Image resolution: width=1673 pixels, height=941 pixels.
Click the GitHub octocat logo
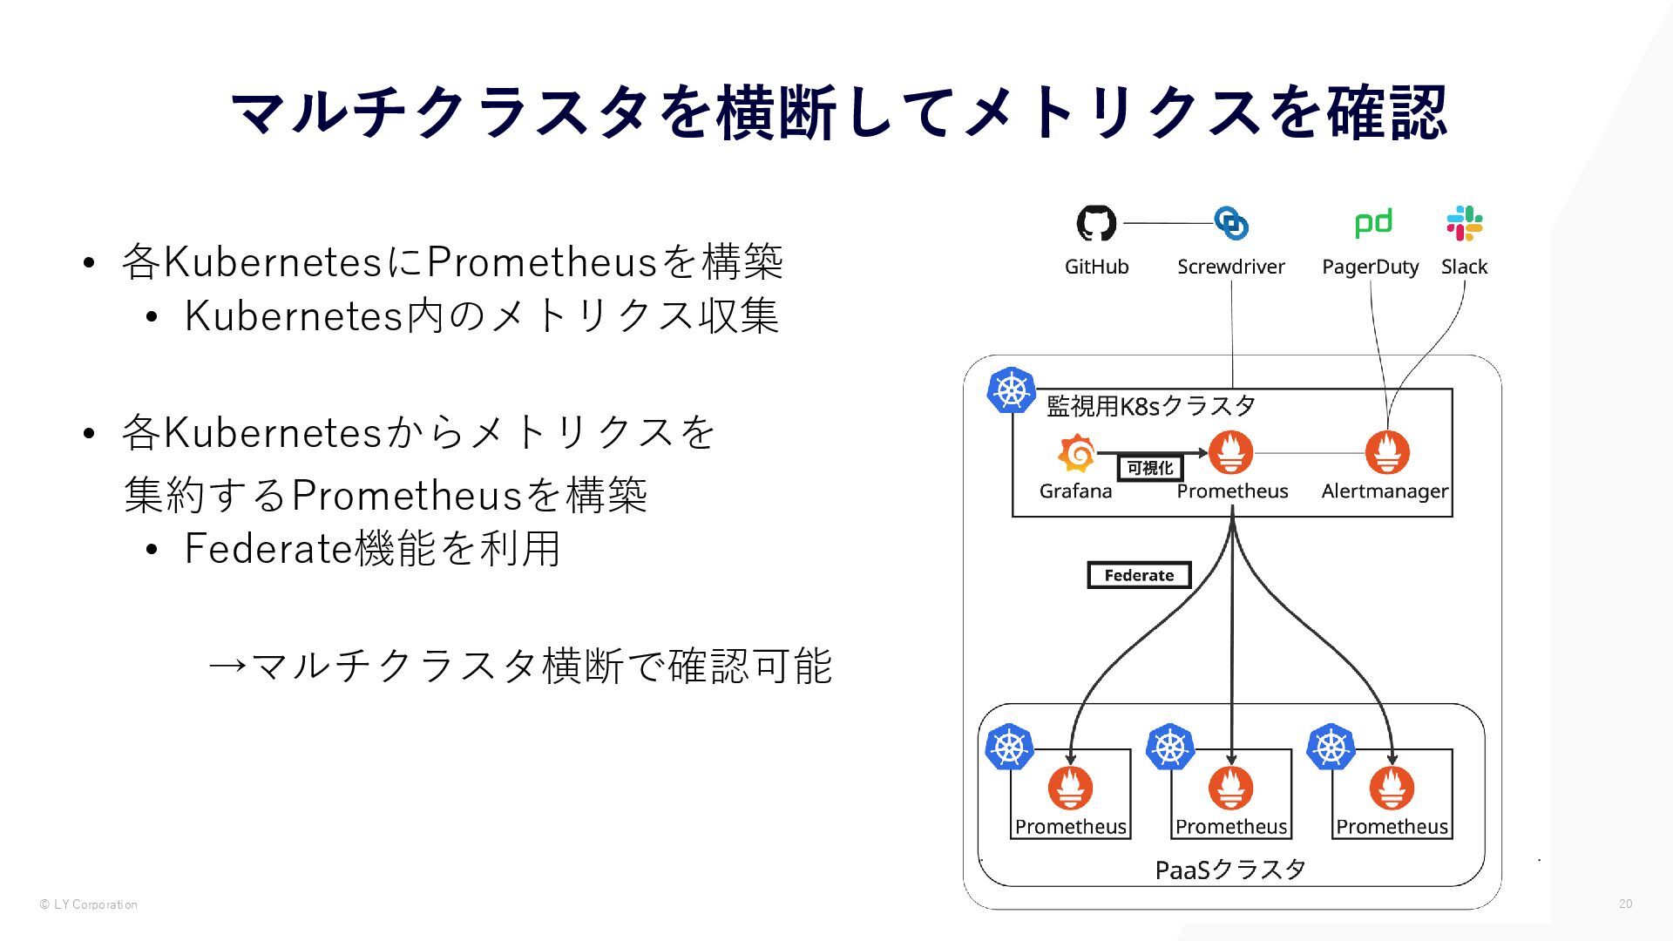[1096, 223]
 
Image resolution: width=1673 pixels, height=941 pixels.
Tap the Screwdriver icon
[1231, 223]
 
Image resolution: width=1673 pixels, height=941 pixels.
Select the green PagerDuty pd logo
[1373, 223]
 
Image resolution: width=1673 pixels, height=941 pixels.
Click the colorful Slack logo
[1465, 223]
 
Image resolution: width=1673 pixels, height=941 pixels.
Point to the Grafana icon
[1076, 453]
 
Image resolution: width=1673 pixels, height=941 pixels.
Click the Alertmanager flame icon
[1387, 453]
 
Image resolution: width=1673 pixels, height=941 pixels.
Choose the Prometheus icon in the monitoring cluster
[1231, 453]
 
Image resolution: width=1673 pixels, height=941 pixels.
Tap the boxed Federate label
[1139, 575]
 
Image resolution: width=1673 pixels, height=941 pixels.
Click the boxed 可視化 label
[1150, 469]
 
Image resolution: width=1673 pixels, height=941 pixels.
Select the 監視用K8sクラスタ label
[1150, 406]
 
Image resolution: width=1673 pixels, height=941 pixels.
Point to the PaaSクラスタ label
[1230, 870]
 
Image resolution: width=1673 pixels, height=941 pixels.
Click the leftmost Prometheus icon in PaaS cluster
[1070, 788]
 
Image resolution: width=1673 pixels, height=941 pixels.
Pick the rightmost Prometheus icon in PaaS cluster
[1392, 788]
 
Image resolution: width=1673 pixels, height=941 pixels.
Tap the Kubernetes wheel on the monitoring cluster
[1011, 389]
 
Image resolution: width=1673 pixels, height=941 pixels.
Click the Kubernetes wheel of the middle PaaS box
[1170, 747]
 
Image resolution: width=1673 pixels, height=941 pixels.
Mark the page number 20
[1625, 904]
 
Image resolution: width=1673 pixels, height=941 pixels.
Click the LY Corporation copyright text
[89, 904]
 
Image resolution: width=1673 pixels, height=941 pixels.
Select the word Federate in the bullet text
[267, 549]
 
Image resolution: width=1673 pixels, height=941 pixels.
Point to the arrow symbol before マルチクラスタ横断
[228, 667]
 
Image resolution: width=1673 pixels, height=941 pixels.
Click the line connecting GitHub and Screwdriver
[1168, 223]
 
